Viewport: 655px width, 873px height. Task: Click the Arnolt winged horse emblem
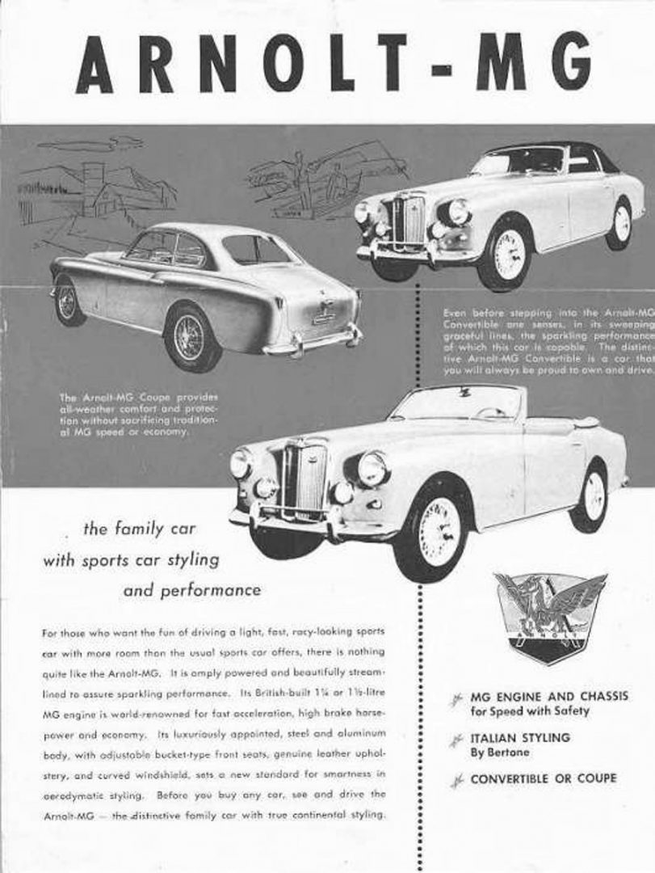coord(550,614)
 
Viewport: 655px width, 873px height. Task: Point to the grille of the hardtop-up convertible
coord(406,219)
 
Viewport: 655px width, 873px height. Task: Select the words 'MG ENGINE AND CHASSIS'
coord(549,696)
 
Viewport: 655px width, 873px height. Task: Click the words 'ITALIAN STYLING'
coord(519,737)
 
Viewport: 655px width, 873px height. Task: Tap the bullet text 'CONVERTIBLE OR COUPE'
coord(543,778)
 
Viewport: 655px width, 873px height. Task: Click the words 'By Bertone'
coord(501,753)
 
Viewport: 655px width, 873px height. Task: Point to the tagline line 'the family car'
coord(140,529)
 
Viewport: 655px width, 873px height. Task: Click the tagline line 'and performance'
coord(191,590)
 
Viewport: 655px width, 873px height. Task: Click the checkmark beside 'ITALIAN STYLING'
coord(459,740)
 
